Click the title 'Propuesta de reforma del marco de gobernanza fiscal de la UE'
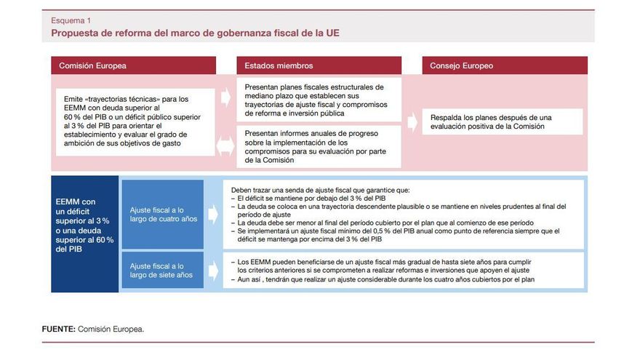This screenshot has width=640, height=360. coord(195,33)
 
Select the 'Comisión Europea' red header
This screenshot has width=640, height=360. coord(134,65)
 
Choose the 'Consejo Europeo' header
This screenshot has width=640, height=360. coord(505,65)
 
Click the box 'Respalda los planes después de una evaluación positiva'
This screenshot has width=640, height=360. coord(505,121)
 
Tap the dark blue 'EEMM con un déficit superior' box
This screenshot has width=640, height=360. coord(84,225)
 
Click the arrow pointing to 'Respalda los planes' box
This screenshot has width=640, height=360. coord(413,117)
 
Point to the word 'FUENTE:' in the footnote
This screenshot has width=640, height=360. coord(58,329)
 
